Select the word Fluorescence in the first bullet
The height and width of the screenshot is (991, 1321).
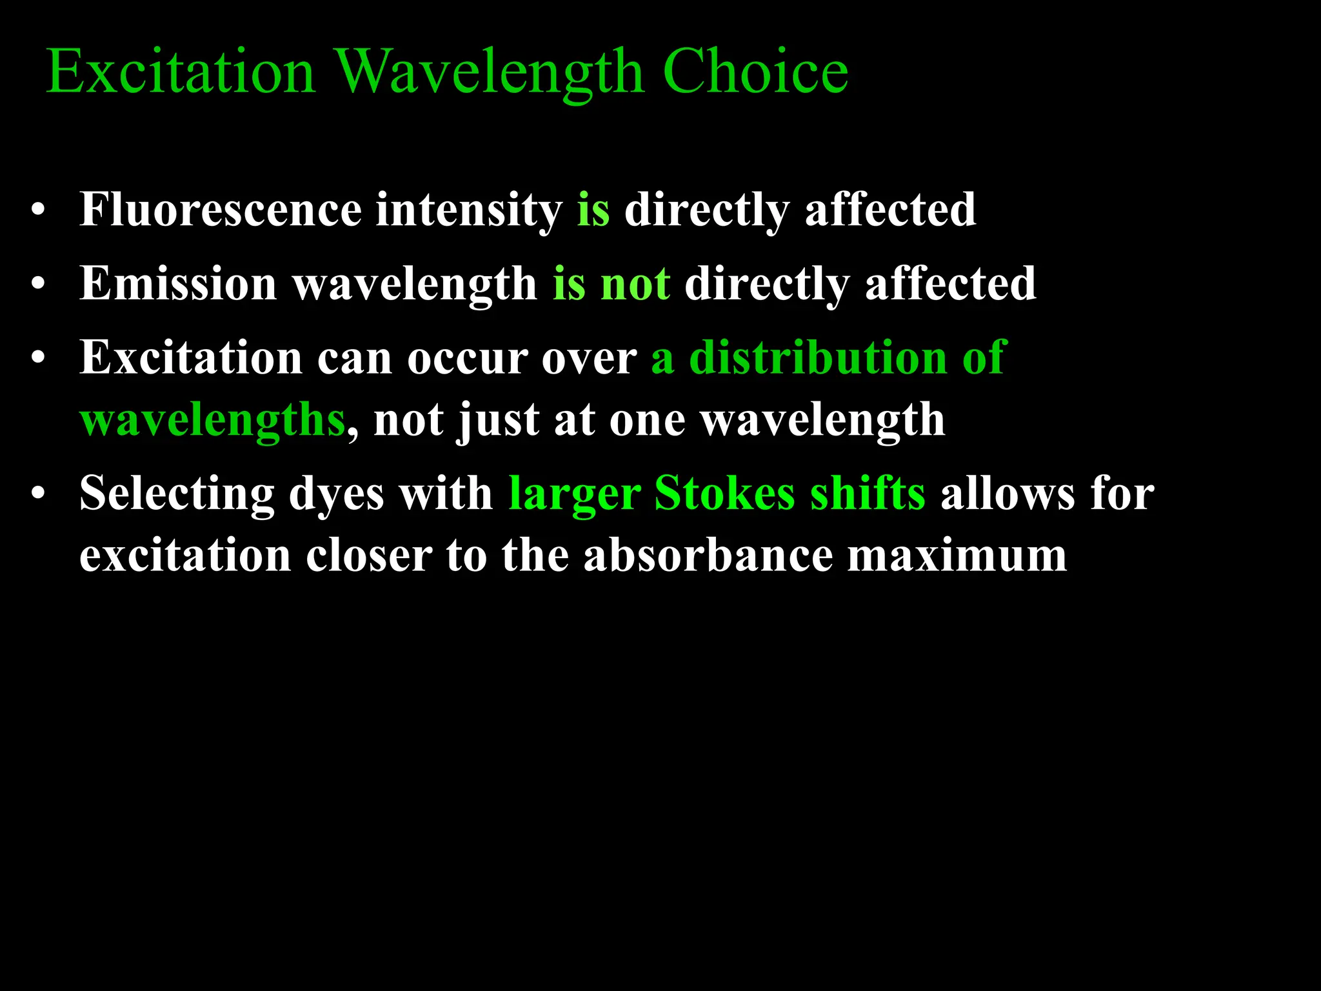tap(221, 210)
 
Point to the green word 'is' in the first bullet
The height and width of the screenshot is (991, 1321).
tap(593, 210)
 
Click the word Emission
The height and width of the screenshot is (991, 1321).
tap(178, 284)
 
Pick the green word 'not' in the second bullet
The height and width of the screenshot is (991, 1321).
tap(635, 284)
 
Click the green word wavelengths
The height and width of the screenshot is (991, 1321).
tap(213, 421)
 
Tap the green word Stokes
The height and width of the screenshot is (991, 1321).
tap(724, 494)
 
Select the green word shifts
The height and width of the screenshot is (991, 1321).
tap(868, 494)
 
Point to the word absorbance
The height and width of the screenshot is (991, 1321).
tap(708, 555)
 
